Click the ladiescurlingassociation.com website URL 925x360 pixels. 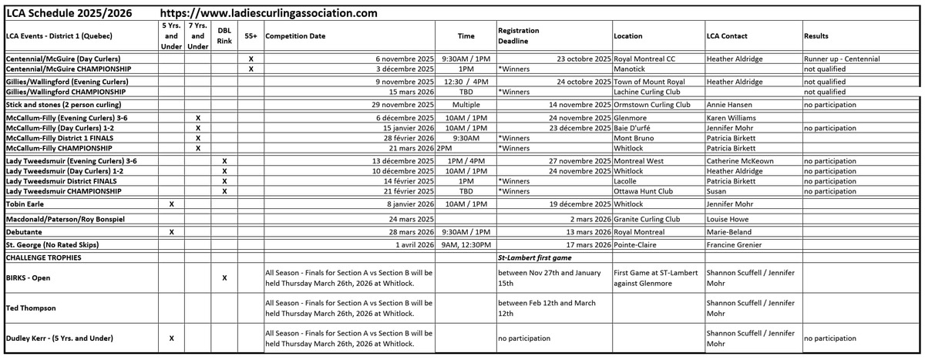pos(270,14)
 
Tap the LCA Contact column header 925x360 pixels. pos(728,36)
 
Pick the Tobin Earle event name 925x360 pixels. pos(28,204)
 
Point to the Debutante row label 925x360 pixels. pos(25,231)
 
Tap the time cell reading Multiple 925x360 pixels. pos(466,104)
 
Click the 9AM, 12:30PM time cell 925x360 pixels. pos(466,245)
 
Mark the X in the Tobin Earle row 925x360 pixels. pos(171,204)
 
